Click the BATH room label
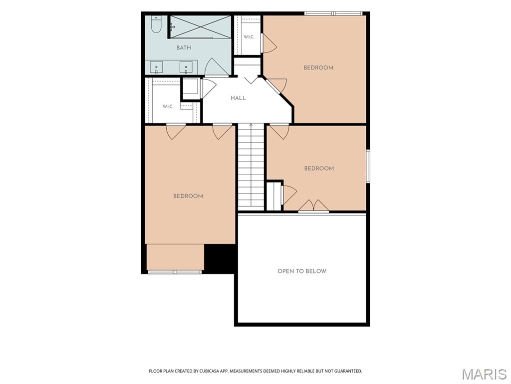tap(184, 47)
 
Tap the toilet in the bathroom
tap(156, 24)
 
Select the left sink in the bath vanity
tap(156, 67)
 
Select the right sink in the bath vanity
tap(186, 67)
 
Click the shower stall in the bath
tap(200, 26)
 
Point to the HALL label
tap(238, 98)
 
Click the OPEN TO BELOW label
tap(302, 271)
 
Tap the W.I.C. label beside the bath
tap(249, 37)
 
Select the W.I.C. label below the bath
tap(168, 106)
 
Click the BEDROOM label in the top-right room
tap(318, 67)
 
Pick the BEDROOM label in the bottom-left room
tap(188, 196)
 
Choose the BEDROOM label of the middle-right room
tap(319, 168)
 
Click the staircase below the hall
tap(251, 167)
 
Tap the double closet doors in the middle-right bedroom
tap(313, 206)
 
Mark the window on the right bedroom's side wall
tap(368, 166)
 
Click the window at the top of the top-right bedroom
tap(333, 13)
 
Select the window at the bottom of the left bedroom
tap(175, 272)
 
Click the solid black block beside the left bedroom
tap(220, 258)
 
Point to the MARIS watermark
tap(484, 374)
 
